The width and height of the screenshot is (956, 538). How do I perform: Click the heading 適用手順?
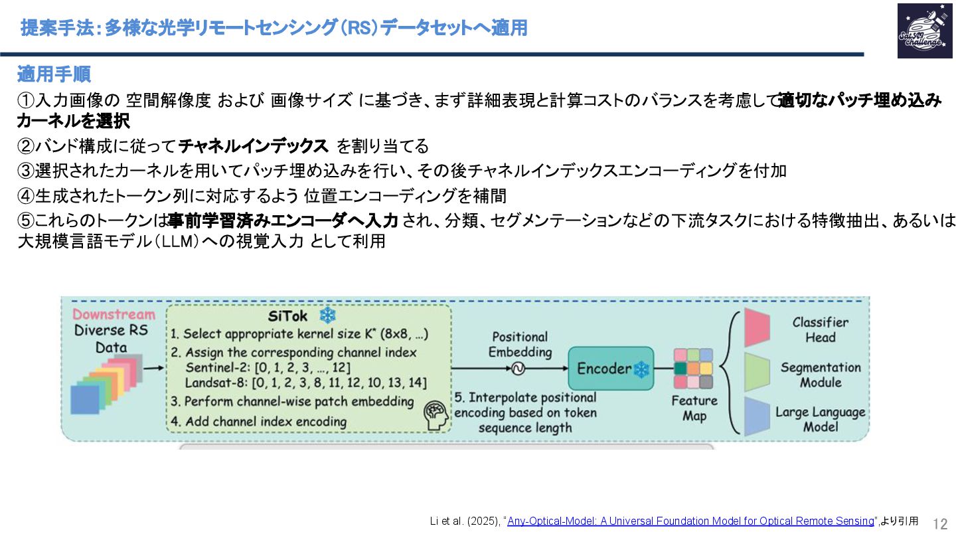click(54, 74)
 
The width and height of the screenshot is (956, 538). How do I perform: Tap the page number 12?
click(940, 523)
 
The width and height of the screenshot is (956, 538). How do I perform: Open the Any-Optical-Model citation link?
click(690, 521)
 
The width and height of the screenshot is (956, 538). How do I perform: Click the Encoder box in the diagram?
click(611, 369)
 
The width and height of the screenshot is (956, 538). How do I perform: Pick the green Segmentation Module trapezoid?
click(756, 373)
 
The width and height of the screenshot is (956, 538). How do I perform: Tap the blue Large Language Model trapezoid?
click(756, 416)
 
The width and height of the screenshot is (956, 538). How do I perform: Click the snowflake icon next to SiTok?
click(328, 315)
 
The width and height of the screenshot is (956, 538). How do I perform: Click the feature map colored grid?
click(693, 369)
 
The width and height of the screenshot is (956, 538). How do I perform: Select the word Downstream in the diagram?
click(114, 315)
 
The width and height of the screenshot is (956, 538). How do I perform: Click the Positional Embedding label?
click(520, 345)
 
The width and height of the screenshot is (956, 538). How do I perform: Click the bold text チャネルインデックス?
click(254, 145)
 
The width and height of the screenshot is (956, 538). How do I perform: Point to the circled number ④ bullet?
click(25, 196)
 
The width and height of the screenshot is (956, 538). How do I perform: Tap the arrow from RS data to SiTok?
click(153, 367)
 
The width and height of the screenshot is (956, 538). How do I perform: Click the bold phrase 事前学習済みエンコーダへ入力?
click(283, 221)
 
